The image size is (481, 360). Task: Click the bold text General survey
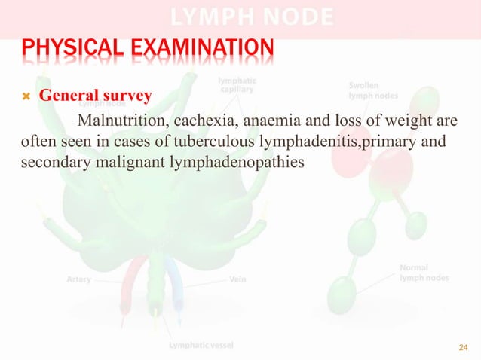pos(96,96)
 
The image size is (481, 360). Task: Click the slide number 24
pos(463,347)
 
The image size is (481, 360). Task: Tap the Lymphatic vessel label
pos(201,346)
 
